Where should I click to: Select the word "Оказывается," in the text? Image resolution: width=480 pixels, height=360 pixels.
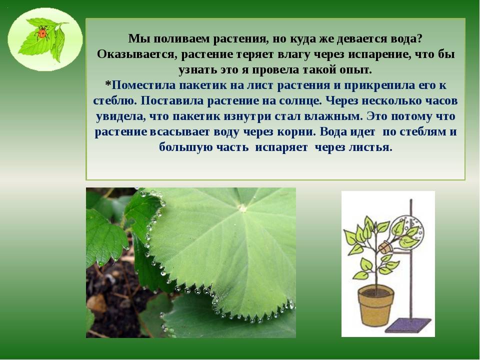[137, 54]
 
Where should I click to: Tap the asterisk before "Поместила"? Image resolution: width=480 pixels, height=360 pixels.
[108, 83]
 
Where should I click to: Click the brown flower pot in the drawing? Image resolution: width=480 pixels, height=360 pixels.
[375, 305]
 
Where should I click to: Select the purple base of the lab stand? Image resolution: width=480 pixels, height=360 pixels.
[408, 325]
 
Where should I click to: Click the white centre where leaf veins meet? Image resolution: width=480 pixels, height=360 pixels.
[242, 208]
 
